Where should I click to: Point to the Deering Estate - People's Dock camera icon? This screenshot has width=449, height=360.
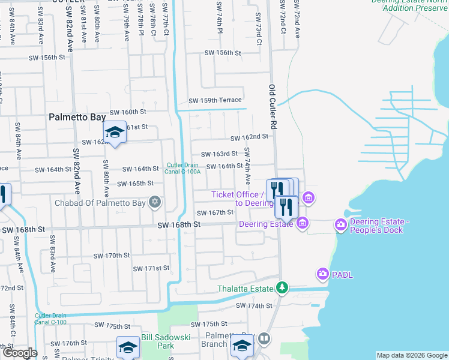click(x=341, y=225)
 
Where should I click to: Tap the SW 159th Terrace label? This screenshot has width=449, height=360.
click(x=215, y=100)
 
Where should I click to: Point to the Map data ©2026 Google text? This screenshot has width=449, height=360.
click(x=412, y=355)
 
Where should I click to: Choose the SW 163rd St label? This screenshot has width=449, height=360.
click(x=219, y=154)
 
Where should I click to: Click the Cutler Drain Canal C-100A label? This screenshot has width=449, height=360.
click(x=184, y=169)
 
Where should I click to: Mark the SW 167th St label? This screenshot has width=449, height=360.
click(x=215, y=212)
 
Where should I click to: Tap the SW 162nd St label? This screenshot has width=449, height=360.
click(x=249, y=137)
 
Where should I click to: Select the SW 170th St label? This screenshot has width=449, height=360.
click(x=112, y=256)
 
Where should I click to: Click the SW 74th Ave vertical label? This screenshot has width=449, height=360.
click(x=247, y=166)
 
